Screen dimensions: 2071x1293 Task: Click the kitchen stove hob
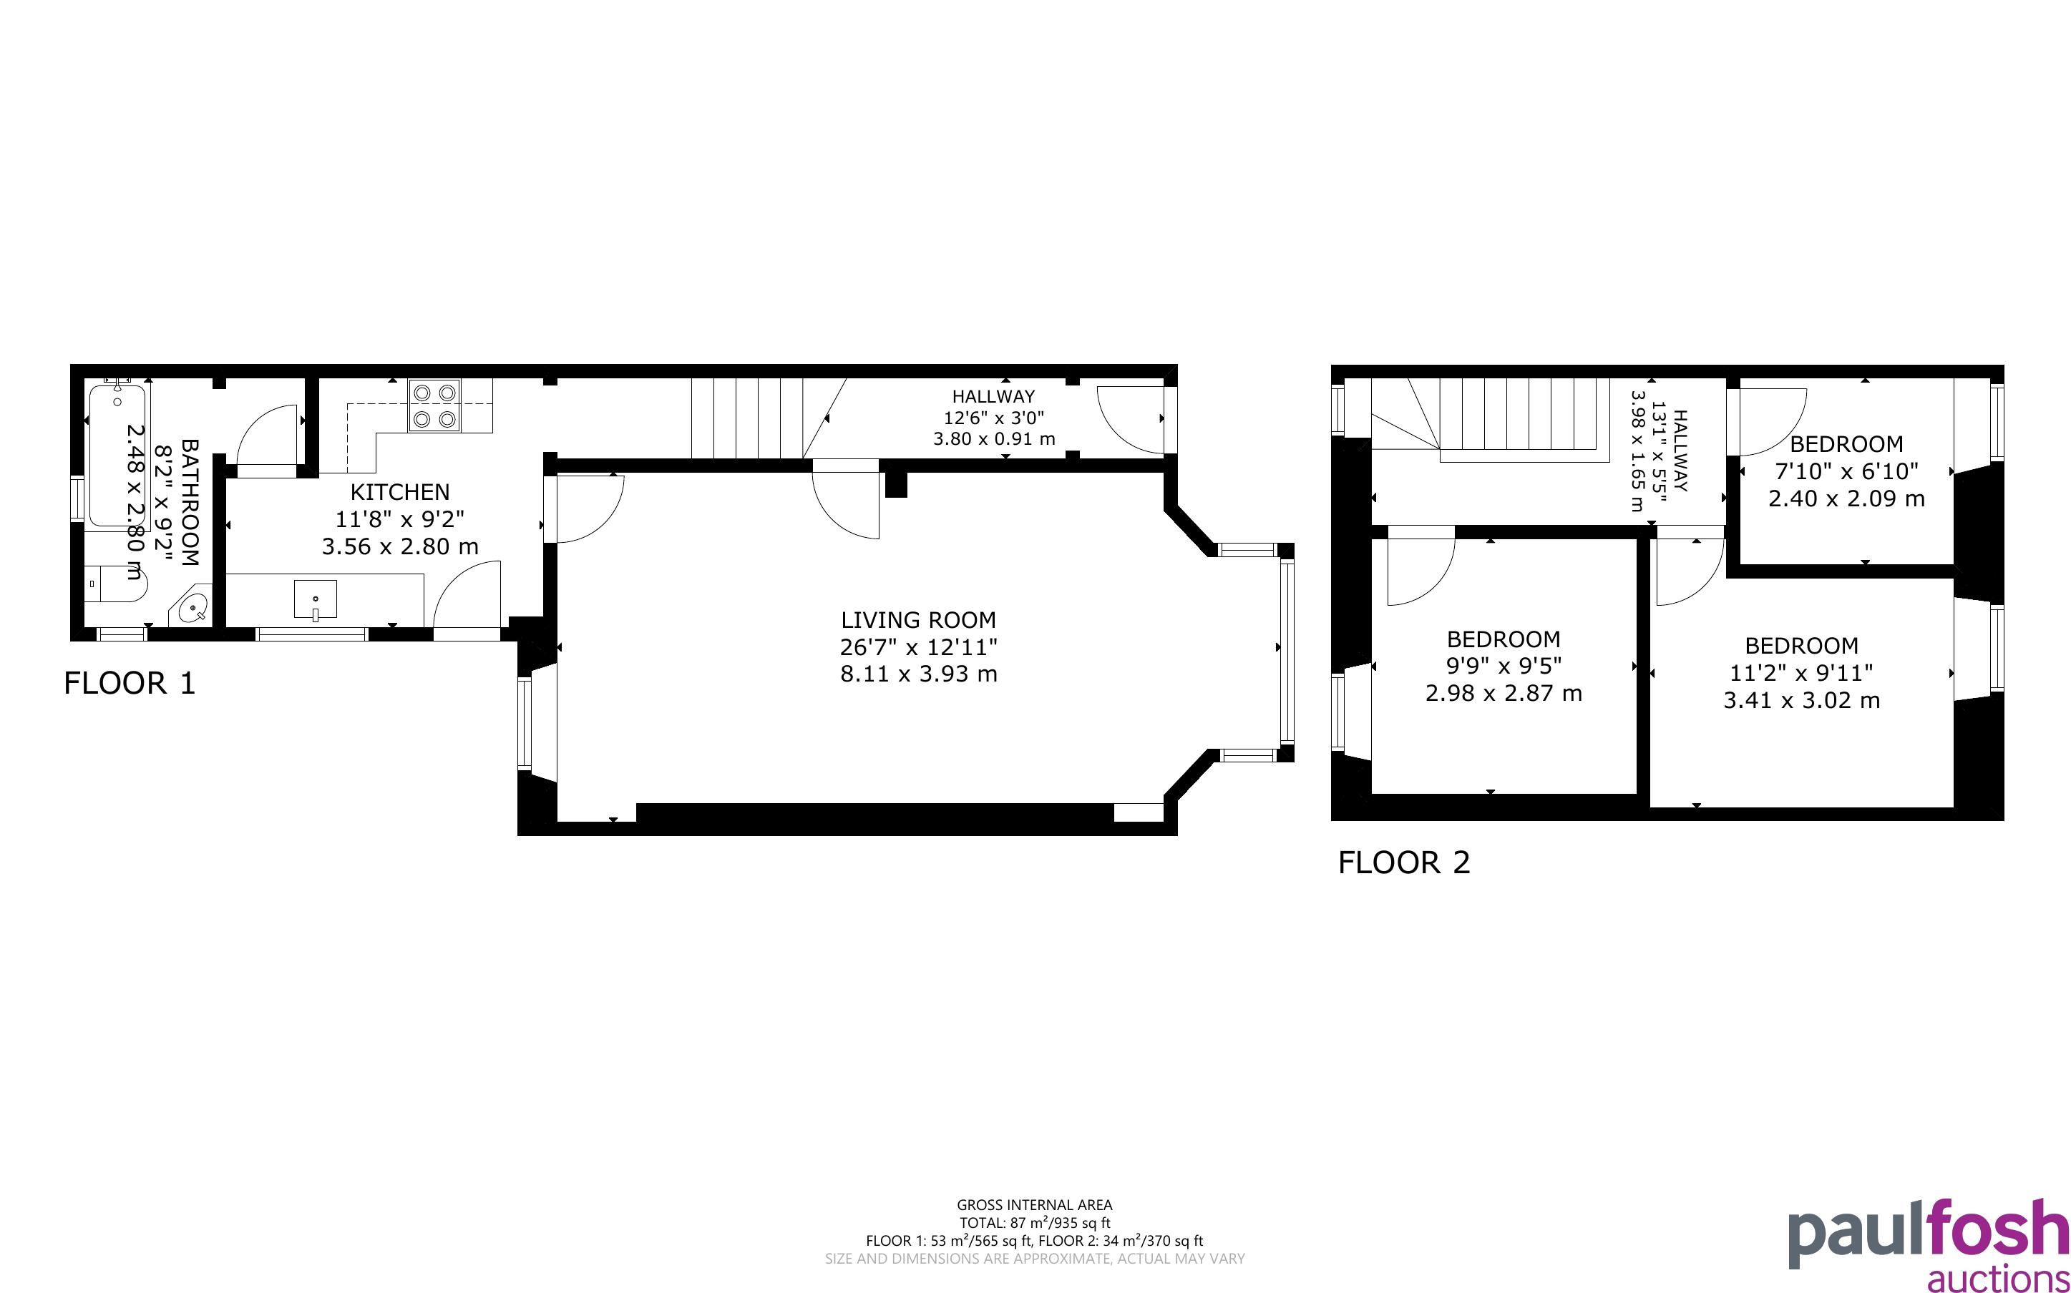(434, 405)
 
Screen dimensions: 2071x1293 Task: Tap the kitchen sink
(315, 599)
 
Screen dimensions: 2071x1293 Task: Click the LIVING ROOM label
(918, 620)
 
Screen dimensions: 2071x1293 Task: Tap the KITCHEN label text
(399, 492)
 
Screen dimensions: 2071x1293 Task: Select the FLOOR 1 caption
(130, 683)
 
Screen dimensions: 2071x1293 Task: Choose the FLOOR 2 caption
(1404, 862)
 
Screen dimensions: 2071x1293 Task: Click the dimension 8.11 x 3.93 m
(919, 674)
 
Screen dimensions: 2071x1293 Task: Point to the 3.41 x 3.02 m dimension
(1801, 700)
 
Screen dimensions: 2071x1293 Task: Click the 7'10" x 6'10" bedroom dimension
(1846, 471)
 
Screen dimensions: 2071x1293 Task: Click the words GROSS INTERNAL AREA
(1034, 1206)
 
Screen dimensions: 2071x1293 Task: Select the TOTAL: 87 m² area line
(1034, 1223)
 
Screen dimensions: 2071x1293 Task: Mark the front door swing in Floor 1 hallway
(1130, 420)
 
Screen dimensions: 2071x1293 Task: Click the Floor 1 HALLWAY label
(993, 397)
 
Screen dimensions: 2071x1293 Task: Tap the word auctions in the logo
(1997, 1279)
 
